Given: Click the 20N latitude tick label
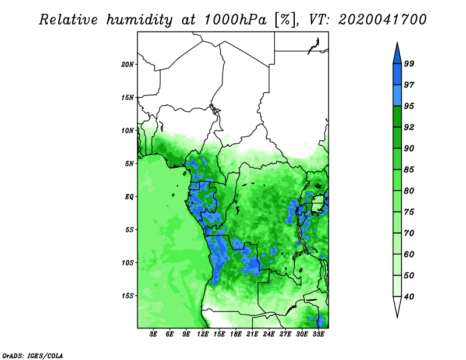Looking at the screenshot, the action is pyautogui.click(x=128, y=65).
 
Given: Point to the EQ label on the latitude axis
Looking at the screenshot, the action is pyautogui.click(x=129, y=197).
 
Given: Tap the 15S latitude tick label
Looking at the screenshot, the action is pyautogui.click(x=128, y=296).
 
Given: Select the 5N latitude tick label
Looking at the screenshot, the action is pyautogui.click(x=129, y=164).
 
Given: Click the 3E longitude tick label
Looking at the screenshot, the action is pyautogui.click(x=153, y=334).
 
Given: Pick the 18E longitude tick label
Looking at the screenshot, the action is pyautogui.click(x=236, y=334).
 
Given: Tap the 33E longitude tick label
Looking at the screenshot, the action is pyautogui.click(x=318, y=334).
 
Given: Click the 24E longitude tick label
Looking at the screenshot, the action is pyautogui.click(x=269, y=334).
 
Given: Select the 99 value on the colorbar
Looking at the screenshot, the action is pyautogui.click(x=409, y=63).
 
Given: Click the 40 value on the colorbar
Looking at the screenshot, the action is pyautogui.click(x=409, y=297).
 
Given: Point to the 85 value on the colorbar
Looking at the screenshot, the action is pyautogui.click(x=409, y=170).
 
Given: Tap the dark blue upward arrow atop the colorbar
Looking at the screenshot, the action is pyautogui.click(x=397, y=54).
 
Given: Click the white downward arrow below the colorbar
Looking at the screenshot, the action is pyautogui.click(x=397, y=306).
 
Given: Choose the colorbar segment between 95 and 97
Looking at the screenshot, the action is pyautogui.click(x=397, y=96).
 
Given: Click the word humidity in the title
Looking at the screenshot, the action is pyautogui.click(x=139, y=20).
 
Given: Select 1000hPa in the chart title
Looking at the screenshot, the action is pyautogui.click(x=235, y=20).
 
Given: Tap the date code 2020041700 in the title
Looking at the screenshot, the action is pyautogui.click(x=382, y=20).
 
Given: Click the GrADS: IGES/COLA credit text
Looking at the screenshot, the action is pyautogui.click(x=33, y=355).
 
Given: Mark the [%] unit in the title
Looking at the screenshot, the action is pyautogui.click(x=285, y=20).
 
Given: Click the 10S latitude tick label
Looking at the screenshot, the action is pyautogui.click(x=128, y=263).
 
